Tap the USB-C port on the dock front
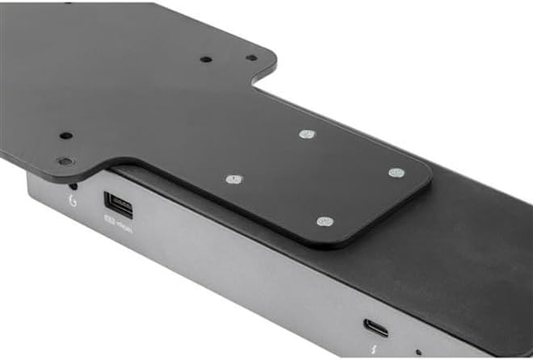pyautogui.click(x=375, y=328)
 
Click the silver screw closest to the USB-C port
pyautogui.click(x=325, y=221)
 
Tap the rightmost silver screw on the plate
pyautogui.click(x=396, y=173)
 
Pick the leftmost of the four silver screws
pyautogui.click(x=234, y=178)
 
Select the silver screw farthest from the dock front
pyautogui.click(x=305, y=134)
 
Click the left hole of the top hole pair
pyautogui.click(x=207, y=59)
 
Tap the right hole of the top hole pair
pyautogui.click(x=251, y=58)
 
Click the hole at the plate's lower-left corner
pyautogui.click(x=65, y=161)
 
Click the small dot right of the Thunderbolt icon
pyautogui.click(x=417, y=352)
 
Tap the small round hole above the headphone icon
pyautogui.click(x=73, y=185)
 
